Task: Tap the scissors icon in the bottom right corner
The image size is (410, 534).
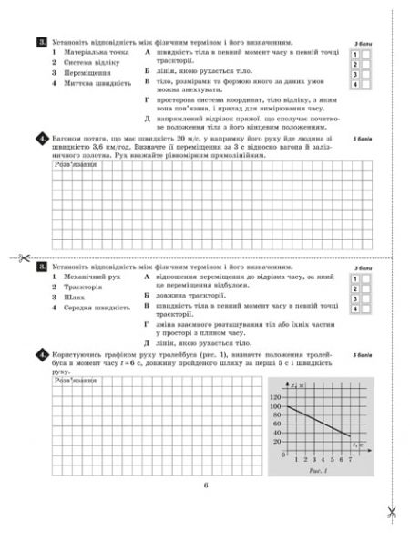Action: click(x=390, y=511)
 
